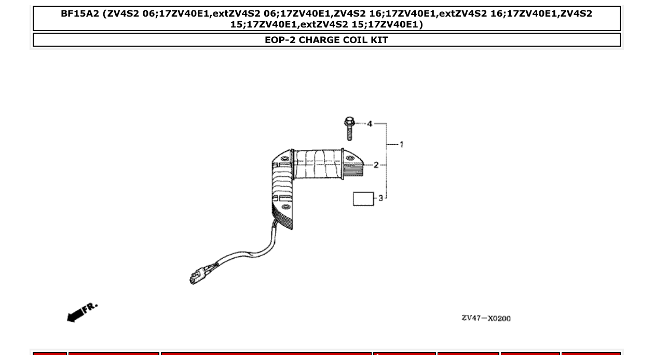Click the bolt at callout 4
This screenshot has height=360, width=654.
[349, 130]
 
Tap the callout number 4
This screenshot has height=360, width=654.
[370, 124]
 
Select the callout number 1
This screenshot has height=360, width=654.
[401, 144]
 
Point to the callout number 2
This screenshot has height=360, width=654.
[376, 165]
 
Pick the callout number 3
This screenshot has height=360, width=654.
[380, 198]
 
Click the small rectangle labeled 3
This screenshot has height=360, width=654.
[363, 199]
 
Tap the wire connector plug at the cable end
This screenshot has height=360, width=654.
[198, 276]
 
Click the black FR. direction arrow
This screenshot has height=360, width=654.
[75, 314]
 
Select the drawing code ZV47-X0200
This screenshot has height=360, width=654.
[486, 318]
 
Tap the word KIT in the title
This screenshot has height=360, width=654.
[379, 40]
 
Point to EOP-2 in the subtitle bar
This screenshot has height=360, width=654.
[280, 40]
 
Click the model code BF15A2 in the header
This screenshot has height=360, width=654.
[79, 13]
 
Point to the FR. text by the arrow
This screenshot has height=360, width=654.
[90, 307]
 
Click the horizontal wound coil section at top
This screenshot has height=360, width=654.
[317, 163]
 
